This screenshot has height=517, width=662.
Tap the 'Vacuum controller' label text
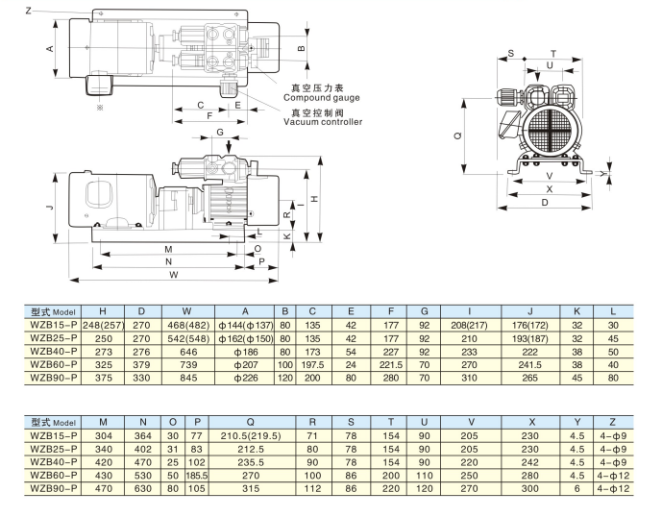point(323,122)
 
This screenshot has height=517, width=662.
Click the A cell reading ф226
point(246,378)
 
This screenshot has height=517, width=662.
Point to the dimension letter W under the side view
point(173,275)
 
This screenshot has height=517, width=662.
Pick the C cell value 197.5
point(314,365)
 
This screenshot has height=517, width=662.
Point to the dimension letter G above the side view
point(220,131)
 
